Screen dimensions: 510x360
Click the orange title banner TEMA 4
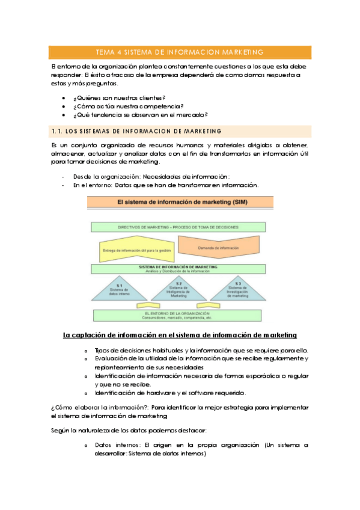click(180, 52)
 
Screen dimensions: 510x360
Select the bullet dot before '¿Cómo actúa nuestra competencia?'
click(64, 106)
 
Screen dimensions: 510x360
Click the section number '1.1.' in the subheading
click(56, 131)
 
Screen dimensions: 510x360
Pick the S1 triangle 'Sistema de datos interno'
click(120, 290)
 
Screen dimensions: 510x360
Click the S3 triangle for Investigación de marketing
click(238, 290)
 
